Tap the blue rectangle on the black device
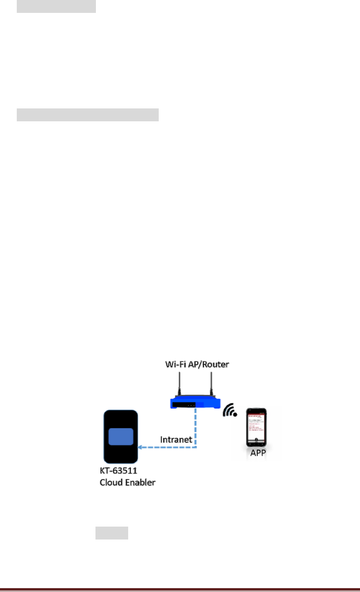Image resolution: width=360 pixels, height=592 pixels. click(120, 436)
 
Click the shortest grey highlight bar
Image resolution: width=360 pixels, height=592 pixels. click(111, 533)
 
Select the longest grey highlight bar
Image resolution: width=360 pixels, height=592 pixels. click(88, 115)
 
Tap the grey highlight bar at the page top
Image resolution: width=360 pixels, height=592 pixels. click(56, 6)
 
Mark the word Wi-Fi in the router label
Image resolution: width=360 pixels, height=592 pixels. click(177, 365)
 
